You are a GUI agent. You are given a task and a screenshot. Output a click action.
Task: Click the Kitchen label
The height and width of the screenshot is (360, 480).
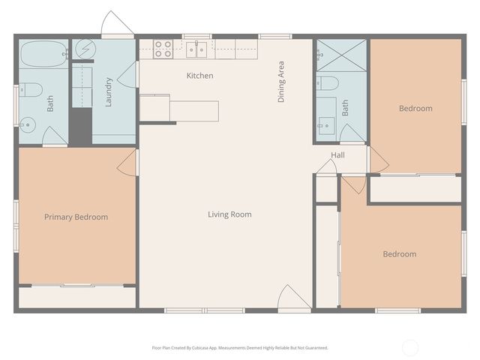pyautogui.click(x=199, y=76)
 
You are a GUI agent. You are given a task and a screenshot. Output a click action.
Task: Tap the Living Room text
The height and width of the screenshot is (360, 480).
pyautogui.click(x=229, y=214)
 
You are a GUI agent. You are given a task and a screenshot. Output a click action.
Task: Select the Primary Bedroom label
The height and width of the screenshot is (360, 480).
pyautogui.click(x=76, y=217)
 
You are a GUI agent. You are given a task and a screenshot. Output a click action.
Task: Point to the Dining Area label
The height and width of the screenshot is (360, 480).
pyautogui.click(x=281, y=82)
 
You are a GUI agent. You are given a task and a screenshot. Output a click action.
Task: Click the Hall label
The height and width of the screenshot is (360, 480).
pyautogui.click(x=338, y=155)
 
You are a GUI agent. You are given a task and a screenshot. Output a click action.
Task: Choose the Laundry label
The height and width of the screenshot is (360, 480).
pyautogui.click(x=109, y=91)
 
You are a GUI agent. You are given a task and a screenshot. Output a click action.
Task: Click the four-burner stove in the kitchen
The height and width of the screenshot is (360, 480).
pyautogui.click(x=163, y=49)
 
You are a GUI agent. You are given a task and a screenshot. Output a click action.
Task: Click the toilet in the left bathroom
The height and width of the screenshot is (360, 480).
pyautogui.click(x=29, y=90)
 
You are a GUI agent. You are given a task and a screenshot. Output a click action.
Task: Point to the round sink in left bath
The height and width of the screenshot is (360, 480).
pyautogui.click(x=28, y=124)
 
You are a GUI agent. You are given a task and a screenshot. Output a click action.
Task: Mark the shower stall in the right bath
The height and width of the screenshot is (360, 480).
pyautogui.click(x=342, y=55)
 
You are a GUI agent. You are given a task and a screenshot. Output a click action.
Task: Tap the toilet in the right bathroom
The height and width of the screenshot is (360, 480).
pyautogui.click(x=327, y=82)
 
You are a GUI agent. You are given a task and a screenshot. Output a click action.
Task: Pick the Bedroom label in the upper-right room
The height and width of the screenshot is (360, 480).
pyautogui.click(x=415, y=109)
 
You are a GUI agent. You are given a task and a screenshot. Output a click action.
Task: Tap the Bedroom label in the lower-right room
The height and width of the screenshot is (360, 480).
pyautogui.click(x=399, y=254)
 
